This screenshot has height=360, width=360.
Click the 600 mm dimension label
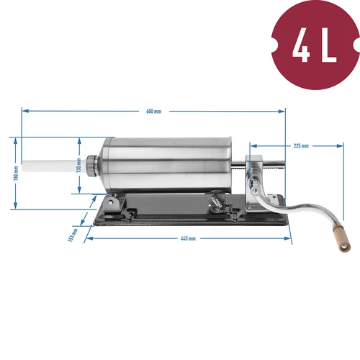153,112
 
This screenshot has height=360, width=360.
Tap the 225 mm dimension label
301,146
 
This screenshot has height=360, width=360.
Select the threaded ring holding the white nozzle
91,164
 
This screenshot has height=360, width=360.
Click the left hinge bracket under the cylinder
112,204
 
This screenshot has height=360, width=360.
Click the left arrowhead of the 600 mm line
24,112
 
